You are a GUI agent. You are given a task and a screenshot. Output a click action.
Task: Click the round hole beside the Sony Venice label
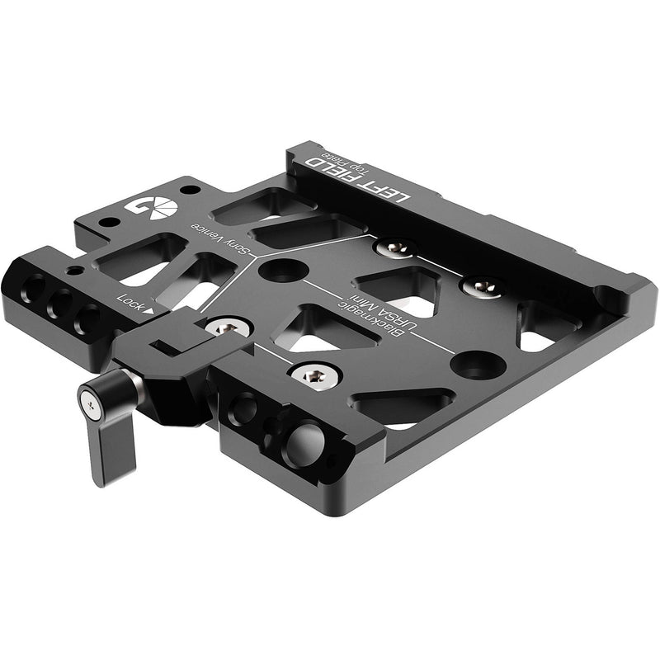pyautogui.click(x=283, y=269)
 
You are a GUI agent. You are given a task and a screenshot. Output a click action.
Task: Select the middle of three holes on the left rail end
pyautogui.click(x=59, y=304)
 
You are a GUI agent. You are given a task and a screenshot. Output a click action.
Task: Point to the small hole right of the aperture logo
pyautogui.click(x=191, y=190)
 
